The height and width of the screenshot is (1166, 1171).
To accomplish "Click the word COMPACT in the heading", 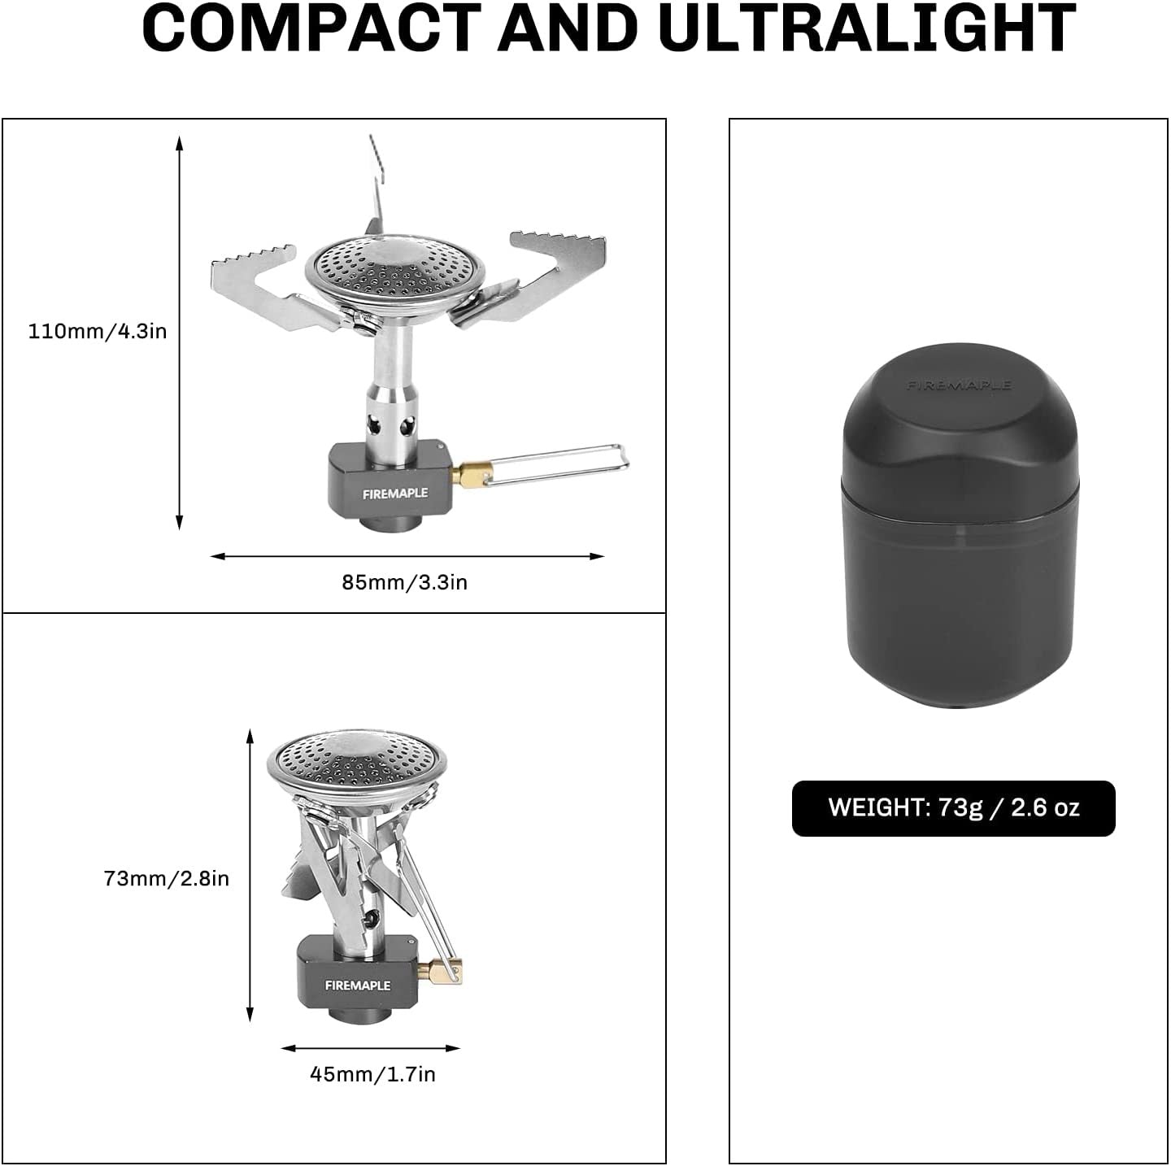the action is tap(311, 28).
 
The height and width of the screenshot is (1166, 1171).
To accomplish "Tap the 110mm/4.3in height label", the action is tap(98, 331).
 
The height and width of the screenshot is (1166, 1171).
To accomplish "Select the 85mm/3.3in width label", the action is tap(405, 582).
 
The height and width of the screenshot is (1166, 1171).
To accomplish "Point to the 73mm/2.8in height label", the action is tap(167, 878).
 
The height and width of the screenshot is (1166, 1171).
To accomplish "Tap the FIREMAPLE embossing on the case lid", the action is tap(958, 385).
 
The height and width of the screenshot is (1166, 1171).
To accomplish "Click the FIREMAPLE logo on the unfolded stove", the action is tap(395, 494).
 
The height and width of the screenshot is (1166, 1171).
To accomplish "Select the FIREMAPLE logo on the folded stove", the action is tap(357, 985).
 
